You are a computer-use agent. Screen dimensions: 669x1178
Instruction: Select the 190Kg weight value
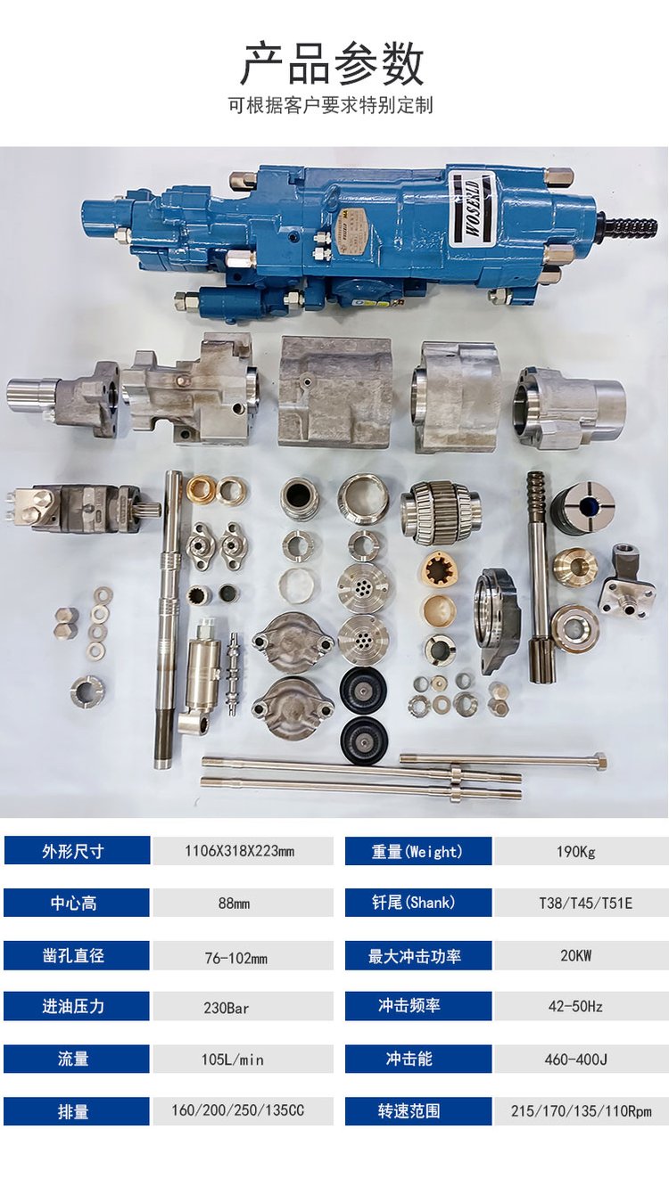(x=576, y=851)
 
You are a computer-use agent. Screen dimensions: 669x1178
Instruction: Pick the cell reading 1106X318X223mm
(x=239, y=851)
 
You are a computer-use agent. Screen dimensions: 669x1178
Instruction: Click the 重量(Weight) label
(x=417, y=851)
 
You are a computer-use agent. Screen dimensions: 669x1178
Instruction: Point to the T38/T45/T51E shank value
(x=585, y=904)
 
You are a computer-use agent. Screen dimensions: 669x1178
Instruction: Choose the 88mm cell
(x=234, y=904)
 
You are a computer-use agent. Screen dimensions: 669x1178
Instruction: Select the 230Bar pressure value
(x=226, y=1008)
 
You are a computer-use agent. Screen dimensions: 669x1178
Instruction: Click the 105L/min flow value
(x=232, y=1059)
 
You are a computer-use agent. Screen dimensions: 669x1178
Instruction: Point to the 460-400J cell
(x=576, y=1059)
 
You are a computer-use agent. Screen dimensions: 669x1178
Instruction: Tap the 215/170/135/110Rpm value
(x=581, y=1110)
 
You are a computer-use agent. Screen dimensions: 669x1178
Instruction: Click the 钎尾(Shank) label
(x=413, y=903)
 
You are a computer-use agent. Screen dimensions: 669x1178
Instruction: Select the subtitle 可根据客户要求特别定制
(x=331, y=105)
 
